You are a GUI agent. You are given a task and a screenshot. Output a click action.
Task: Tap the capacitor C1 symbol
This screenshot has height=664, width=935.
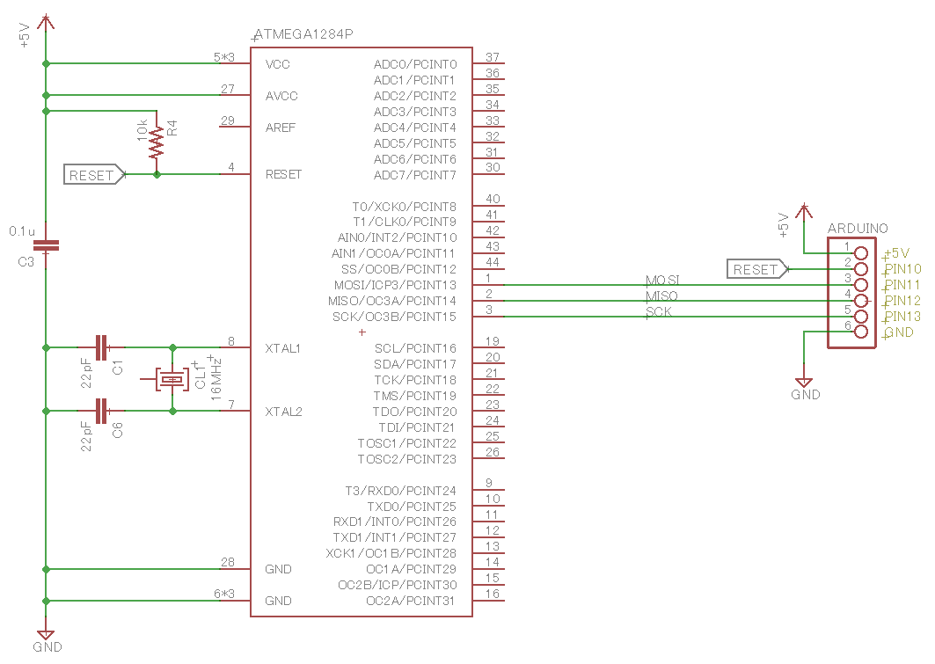(102, 347)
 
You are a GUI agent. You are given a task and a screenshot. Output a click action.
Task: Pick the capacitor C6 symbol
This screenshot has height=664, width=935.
(102, 411)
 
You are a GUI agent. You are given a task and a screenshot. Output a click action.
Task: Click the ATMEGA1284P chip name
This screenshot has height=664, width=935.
(303, 35)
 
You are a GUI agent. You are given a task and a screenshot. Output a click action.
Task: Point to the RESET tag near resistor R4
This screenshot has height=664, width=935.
(94, 175)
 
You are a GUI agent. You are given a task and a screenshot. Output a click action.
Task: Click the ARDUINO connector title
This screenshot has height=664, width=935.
(857, 228)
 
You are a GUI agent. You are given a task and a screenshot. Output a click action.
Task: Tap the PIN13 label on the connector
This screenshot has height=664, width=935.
(902, 317)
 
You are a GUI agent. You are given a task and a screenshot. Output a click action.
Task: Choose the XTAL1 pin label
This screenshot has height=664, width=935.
(283, 348)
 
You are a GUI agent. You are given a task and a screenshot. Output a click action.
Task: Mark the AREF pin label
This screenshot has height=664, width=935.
(281, 128)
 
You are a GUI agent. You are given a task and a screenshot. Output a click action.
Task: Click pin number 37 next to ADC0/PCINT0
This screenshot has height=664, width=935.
(493, 58)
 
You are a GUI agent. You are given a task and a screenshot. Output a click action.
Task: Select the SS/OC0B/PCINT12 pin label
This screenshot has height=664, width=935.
(398, 269)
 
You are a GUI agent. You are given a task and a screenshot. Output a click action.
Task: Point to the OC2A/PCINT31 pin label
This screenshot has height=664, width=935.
(411, 601)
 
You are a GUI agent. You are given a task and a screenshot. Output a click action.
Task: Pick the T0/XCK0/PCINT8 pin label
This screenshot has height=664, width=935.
(404, 207)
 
